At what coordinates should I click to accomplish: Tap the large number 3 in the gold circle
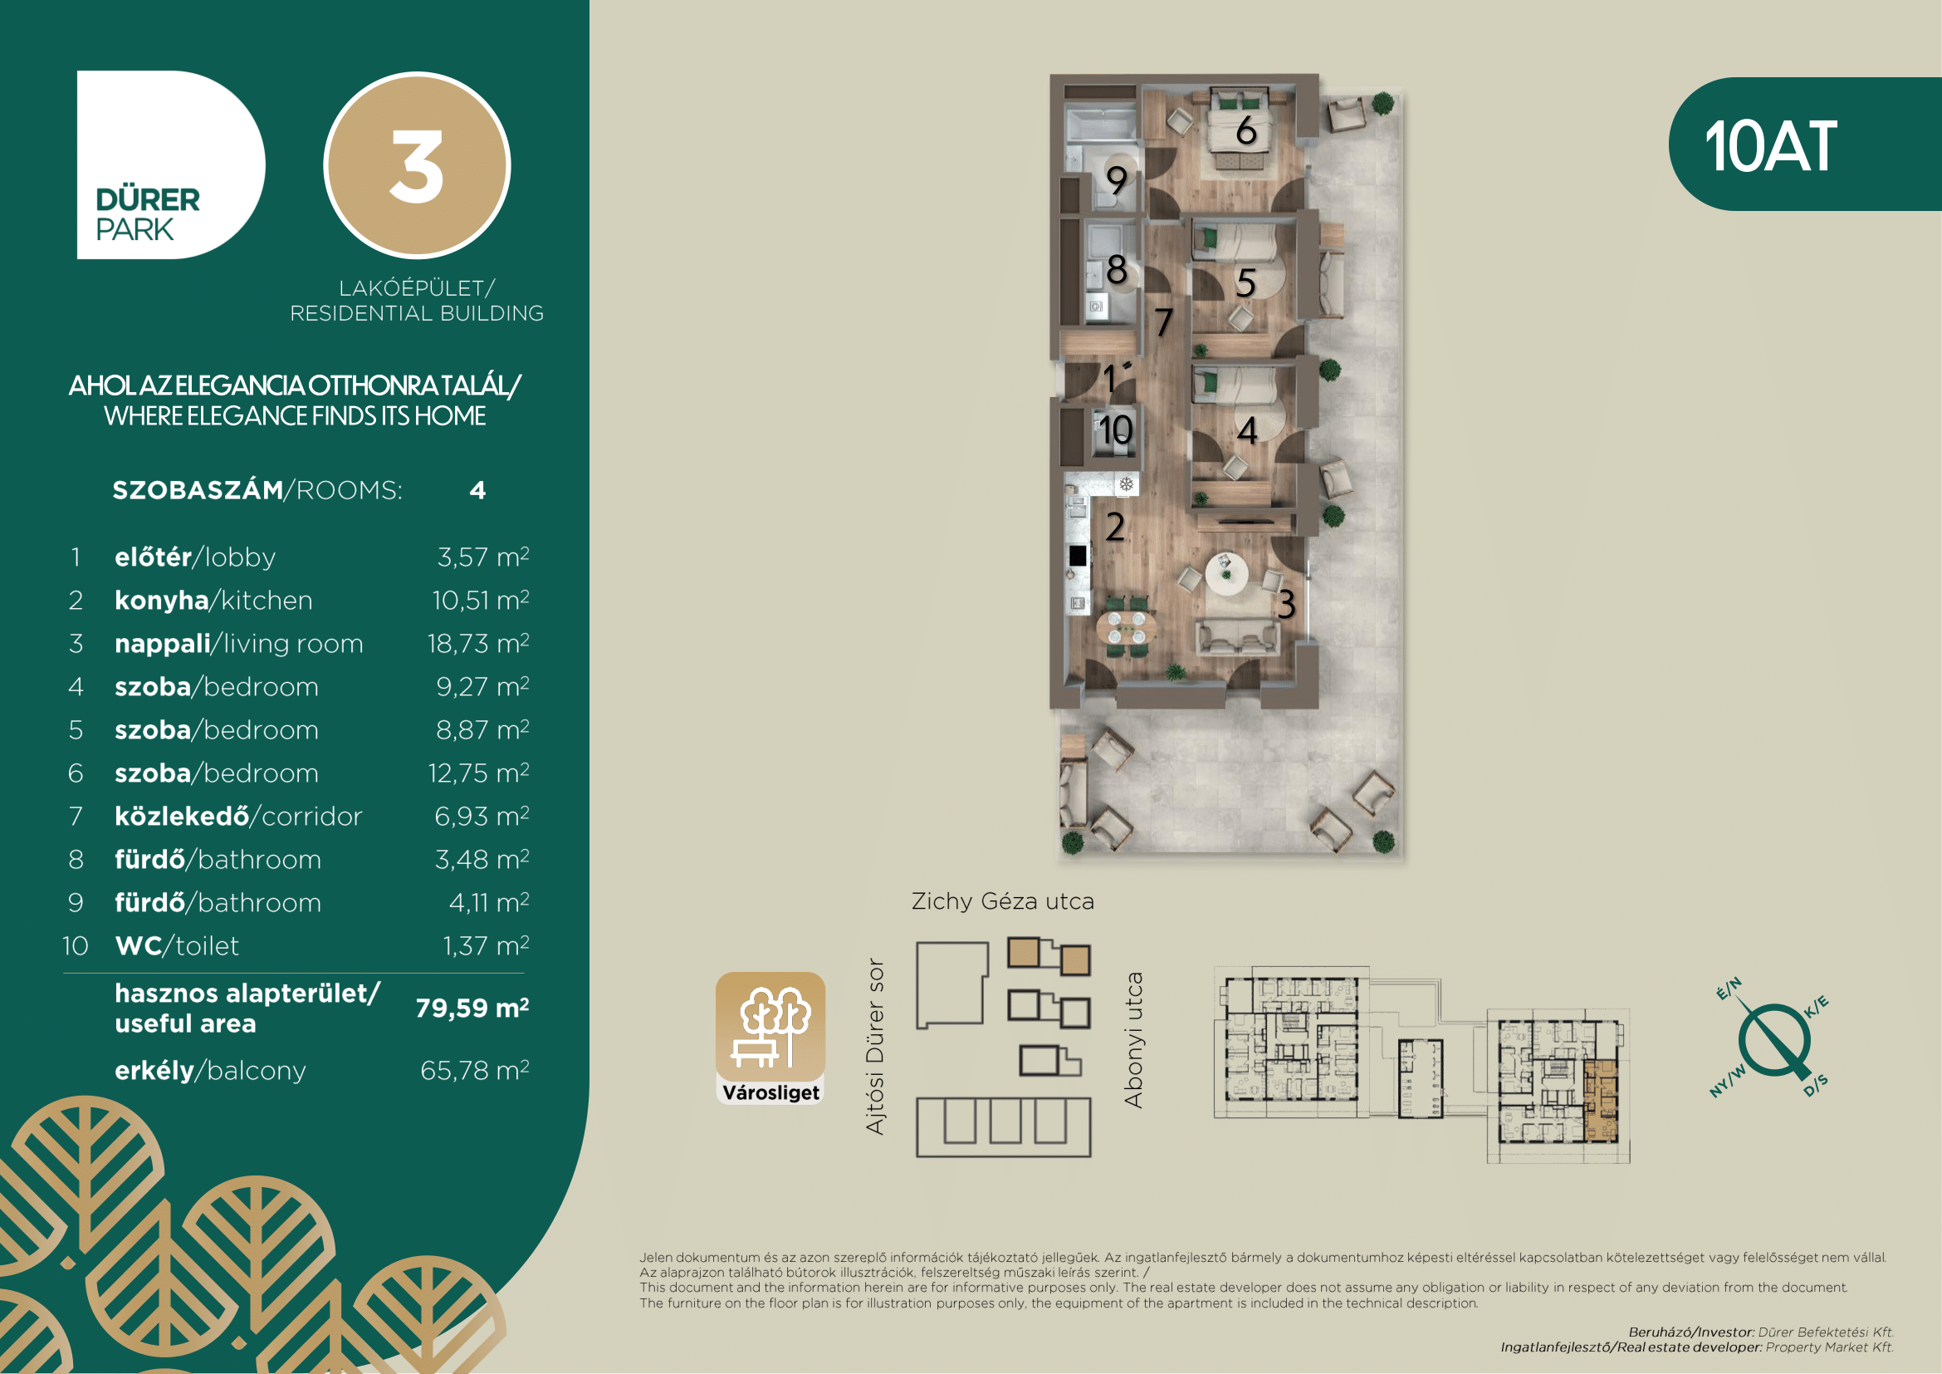416,167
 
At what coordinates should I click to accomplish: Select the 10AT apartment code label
1770,146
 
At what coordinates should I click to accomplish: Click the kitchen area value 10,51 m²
481,600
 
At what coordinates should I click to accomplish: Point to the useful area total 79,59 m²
472,1008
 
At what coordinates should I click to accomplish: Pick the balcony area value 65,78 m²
475,1070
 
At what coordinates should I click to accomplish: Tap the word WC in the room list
138,945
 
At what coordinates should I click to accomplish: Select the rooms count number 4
478,491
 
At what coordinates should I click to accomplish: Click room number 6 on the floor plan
1246,130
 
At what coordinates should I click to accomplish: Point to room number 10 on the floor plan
1116,429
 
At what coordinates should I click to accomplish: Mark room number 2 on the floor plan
1116,528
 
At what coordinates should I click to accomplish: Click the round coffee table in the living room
1225,574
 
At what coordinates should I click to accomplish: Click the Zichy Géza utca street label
1003,901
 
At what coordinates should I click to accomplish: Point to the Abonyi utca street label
1133,1040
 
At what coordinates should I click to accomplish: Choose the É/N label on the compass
1729,989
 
